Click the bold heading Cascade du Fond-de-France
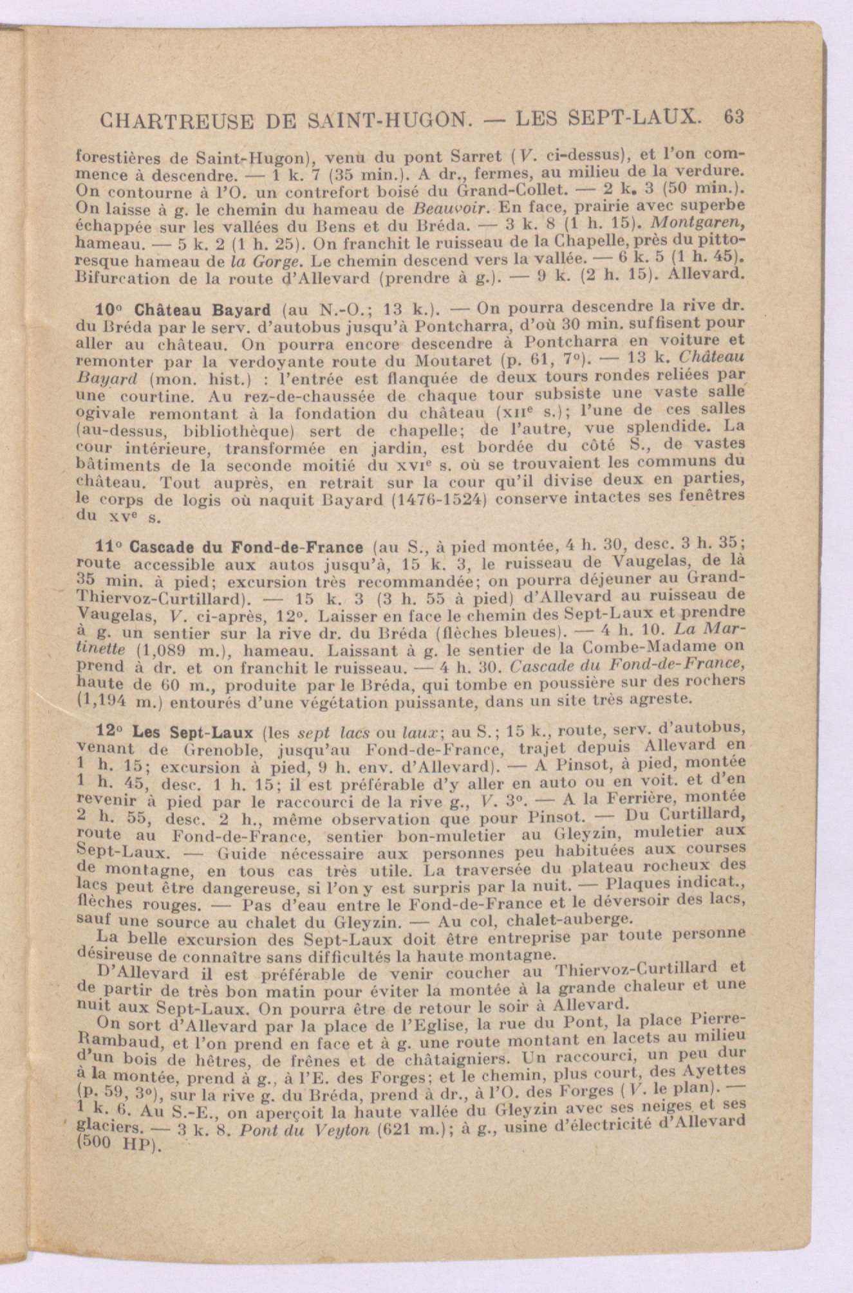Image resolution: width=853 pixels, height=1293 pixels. pos(247,548)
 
